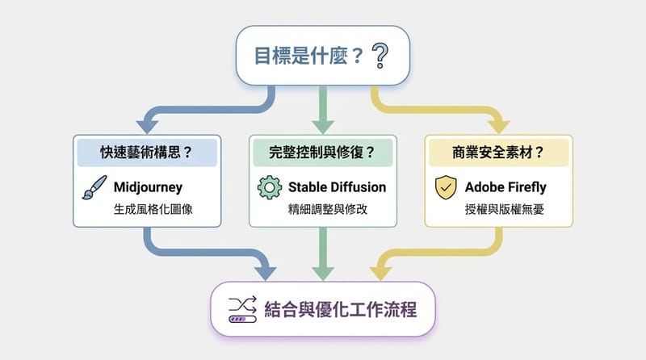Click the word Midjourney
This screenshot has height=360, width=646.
point(151,187)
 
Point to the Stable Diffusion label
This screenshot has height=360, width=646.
point(337,187)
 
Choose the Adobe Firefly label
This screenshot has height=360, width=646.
point(505,187)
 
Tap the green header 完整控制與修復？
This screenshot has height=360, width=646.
point(322,151)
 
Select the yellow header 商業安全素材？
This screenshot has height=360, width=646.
point(499,151)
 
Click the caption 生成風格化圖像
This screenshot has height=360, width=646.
point(151,211)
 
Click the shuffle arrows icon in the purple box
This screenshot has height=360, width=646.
point(241,303)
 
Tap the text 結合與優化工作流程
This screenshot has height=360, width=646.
point(340,308)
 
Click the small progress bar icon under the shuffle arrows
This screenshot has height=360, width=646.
point(241,319)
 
